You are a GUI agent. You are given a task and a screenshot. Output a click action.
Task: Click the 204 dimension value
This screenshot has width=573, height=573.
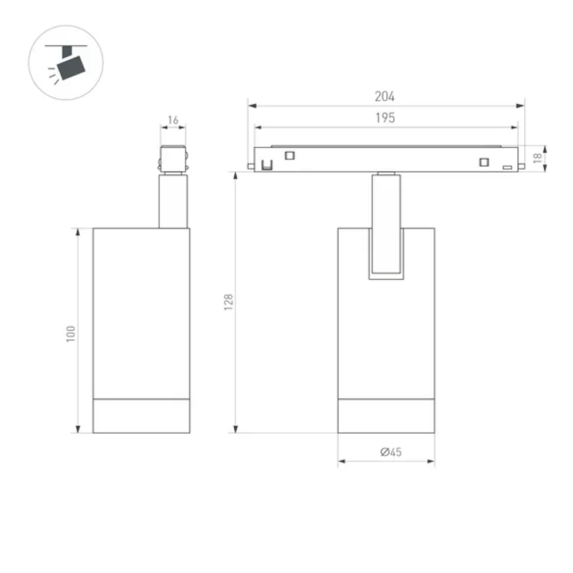(x=385, y=97)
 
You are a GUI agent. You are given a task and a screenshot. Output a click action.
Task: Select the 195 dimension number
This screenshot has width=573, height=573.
(x=385, y=118)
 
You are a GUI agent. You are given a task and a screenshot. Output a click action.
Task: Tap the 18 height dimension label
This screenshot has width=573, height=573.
(x=537, y=158)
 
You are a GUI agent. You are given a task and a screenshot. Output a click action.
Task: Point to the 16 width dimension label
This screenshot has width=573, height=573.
(x=173, y=120)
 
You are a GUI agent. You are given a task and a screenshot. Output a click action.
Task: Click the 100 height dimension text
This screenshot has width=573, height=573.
(x=71, y=333)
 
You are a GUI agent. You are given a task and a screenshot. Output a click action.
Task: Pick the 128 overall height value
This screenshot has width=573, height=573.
(x=229, y=302)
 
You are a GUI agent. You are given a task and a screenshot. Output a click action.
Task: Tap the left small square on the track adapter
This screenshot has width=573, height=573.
(x=290, y=154)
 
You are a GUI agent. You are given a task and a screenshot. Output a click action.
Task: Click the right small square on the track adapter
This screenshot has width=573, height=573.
(x=485, y=162)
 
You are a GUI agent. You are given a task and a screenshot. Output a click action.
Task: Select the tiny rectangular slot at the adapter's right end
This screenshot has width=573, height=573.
(x=507, y=167)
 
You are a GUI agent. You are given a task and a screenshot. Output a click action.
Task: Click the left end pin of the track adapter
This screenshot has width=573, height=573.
(x=251, y=166)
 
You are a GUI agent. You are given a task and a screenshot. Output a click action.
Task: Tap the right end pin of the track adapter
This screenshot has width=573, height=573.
(x=522, y=166)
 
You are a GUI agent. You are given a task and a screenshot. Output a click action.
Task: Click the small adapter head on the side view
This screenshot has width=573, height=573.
(x=173, y=159)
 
